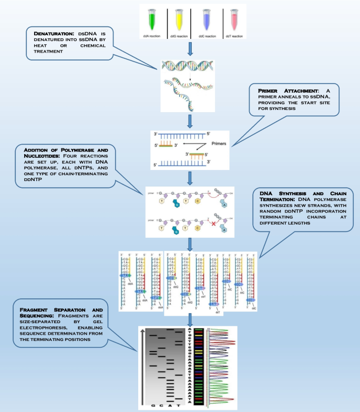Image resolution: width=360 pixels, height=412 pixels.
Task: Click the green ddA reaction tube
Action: pyautogui.click(x=151, y=19)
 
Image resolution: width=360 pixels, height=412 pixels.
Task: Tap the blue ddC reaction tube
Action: pyautogui.click(x=205, y=19)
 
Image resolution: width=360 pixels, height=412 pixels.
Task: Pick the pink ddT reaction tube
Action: pyautogui.click(x=232, y=19)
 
